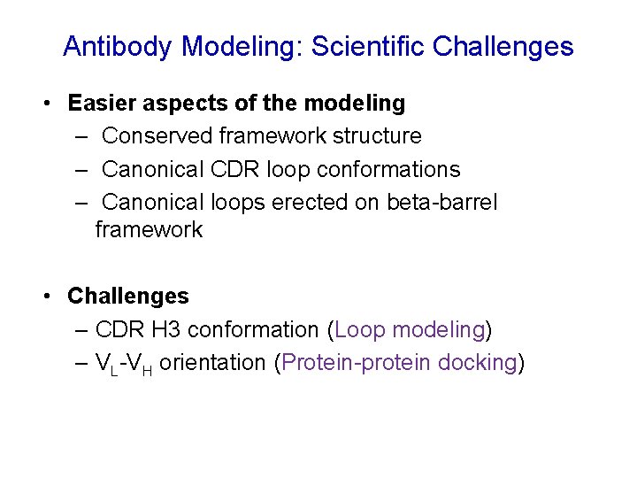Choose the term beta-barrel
442,202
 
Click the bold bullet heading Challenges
128,296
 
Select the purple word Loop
359,329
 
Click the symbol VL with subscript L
107,364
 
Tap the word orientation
212,363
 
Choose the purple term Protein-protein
355,363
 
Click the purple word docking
476,363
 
